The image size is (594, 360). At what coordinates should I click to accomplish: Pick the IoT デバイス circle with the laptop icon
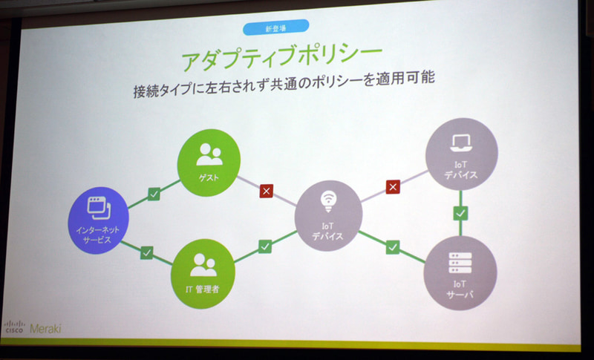click(461, 154)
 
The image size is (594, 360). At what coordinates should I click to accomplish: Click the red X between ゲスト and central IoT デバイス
click(267, 192)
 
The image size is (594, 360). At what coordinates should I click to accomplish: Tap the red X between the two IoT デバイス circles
click(394, 186)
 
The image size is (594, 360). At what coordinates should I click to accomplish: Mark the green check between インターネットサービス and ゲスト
click(153, 194)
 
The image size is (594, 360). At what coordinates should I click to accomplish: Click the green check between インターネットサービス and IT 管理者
click(146, 252)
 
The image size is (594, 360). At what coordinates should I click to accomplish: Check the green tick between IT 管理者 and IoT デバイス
click(264, 246)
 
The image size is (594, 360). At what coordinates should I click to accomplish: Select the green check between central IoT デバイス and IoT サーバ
click(393, 247)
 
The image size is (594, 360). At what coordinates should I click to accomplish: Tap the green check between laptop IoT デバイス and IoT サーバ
click(461, 213)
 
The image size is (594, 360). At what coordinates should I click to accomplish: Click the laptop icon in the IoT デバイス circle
click(462, 141)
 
